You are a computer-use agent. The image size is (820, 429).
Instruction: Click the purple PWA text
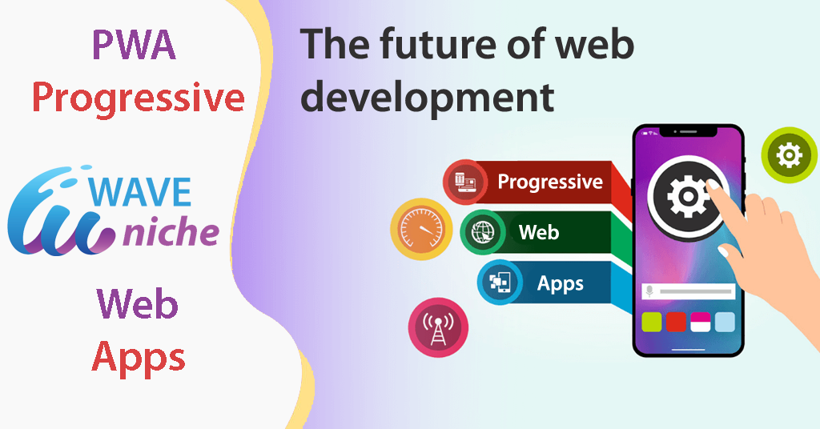coord(134,45)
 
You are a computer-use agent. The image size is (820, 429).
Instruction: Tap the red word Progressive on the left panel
coord(138,98)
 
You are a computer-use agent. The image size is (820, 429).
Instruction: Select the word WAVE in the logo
coord(140,192)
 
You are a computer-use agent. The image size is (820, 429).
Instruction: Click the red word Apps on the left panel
coord(139,359)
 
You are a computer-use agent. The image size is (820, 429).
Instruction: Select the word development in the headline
coord(427,98)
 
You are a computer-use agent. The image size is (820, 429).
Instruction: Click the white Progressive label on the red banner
coord(550,182)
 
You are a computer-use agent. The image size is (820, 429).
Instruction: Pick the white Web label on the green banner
coord(539,232)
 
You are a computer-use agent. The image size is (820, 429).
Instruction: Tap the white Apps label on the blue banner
coord(560,284)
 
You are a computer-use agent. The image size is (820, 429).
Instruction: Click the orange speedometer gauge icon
coord(421,229)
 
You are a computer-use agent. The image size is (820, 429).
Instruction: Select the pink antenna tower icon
coord(438,327)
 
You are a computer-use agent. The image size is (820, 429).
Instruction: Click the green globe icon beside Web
coord(483,232)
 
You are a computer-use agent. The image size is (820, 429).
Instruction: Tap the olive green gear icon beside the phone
coord(789,155)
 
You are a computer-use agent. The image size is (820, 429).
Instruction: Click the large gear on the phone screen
coord(688,197)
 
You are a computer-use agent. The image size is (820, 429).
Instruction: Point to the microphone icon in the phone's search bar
coord(649,291)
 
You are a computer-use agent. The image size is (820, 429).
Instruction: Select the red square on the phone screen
coord(676,322)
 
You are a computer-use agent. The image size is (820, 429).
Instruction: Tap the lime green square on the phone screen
coord(652,322)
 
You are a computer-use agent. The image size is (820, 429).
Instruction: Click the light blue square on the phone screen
coord(725,322)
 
